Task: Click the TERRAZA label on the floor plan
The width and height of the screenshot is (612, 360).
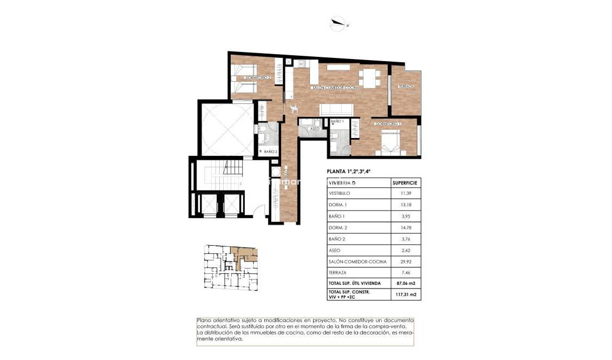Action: pyautogui.click(x=406, y=87)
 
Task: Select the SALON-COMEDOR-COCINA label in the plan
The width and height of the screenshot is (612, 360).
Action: pyautogui.click(x=335, y=87)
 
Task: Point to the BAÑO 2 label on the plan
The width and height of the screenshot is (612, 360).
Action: pyautogui.click(x=271, y=152)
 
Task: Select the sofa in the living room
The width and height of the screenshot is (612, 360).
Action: pyautogui.click(x=337, y=109)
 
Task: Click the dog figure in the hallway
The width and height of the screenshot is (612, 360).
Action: pyautogui.click(x=295, y=108)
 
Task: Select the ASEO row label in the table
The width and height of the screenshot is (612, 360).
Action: pyautogui.click(x=335, y=250)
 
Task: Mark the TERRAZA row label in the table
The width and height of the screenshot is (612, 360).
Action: pyautogui.click(x=337, y=273)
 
